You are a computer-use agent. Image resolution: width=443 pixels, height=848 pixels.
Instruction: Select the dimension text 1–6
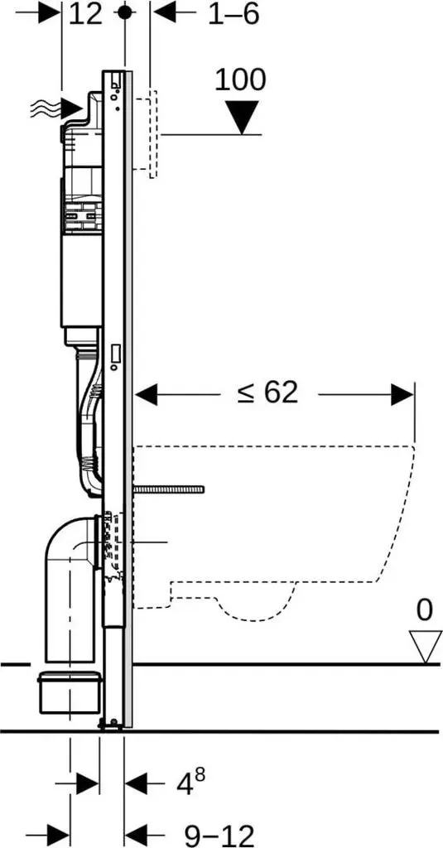click(234, 14)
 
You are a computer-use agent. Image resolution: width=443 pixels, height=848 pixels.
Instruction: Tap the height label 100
click(241, 80)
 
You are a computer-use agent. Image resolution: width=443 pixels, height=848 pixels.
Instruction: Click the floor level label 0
click(425, 610)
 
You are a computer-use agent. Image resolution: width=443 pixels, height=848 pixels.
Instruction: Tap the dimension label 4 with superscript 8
click(191, 782)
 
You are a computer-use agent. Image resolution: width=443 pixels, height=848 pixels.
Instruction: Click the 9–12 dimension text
click(219, 835)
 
